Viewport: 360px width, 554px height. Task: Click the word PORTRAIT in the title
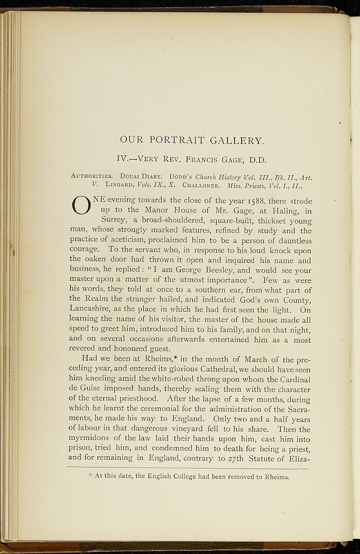[x=176, y=141]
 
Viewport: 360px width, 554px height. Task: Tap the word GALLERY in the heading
[x=237, y=141]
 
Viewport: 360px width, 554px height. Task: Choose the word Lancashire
[x=92, y=309]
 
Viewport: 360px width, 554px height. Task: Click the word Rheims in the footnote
[x=275, y=477]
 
